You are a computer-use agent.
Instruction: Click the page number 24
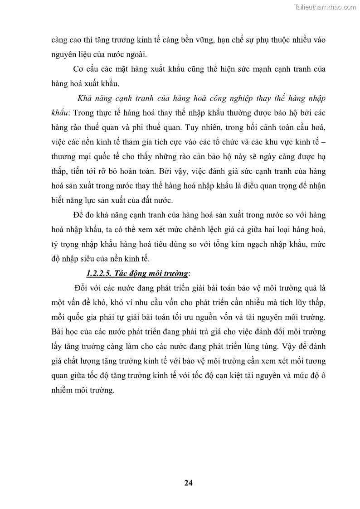click(x=189, y=482)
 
